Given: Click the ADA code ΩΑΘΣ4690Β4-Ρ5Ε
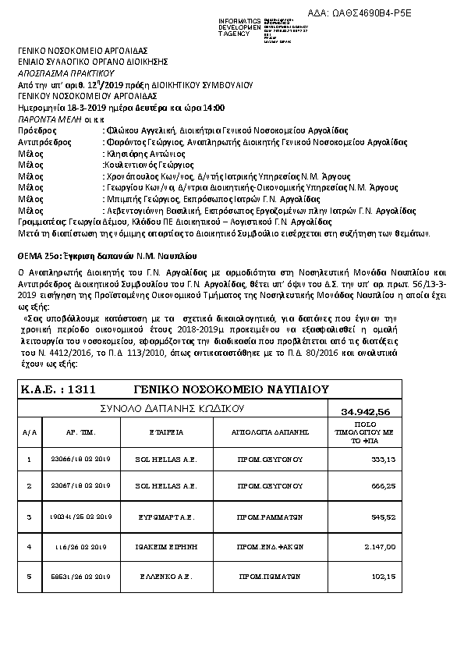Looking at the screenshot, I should (393, 13).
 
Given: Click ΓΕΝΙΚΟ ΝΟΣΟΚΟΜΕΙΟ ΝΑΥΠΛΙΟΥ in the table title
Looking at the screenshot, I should (231, 389).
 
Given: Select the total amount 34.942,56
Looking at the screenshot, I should (366, 412).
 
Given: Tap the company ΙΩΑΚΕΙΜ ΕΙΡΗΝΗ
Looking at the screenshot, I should (164, 548).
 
